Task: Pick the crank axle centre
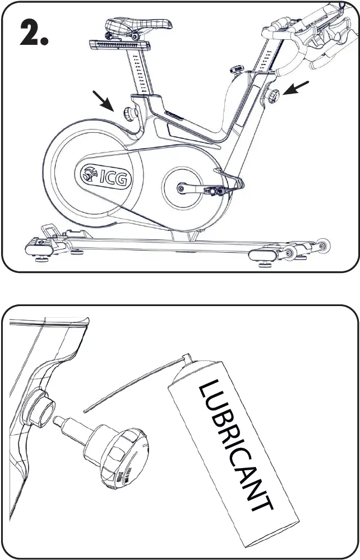(x=181, y=189)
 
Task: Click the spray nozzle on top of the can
(x=186, y=357)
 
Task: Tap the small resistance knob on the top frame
(x=235, y=71)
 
